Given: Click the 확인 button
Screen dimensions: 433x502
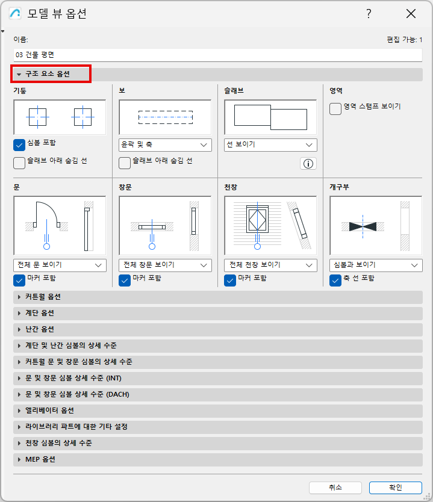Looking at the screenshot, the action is click(x=396, y=488).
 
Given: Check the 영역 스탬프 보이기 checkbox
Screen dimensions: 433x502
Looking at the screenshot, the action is click(x=335, y=109).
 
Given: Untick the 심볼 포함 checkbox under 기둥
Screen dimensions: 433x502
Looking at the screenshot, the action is click(x=19, y=145).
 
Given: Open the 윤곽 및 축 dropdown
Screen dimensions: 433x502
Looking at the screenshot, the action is click(x=165, y=144).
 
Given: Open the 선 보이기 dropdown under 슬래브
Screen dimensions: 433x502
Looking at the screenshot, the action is click(x=270, y=144).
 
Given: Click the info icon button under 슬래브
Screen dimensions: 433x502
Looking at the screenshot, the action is click(x=308, y=164).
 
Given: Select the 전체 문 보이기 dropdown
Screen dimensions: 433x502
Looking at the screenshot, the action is click(x=60, y=265).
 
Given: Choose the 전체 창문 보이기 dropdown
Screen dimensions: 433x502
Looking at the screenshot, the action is click(x=165, y=265).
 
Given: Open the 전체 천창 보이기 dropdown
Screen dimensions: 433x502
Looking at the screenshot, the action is click(x=270, y=265).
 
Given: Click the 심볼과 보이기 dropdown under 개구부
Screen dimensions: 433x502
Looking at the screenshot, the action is click(x=376, y=265).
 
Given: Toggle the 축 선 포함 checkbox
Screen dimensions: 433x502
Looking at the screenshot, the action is click(x=335, y=280).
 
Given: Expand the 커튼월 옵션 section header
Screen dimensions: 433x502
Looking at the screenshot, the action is click(x=218, y=297).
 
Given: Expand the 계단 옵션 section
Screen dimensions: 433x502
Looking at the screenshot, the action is click(x=218, y=313).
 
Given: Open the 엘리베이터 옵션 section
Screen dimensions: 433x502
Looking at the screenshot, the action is click(x=218, y=411).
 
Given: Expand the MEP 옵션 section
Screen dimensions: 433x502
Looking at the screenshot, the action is click(x=218, y=459).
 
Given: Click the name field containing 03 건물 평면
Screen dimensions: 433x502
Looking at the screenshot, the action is click(x=218, y=55).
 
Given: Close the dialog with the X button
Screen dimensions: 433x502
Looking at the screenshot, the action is click(x=411, y=13).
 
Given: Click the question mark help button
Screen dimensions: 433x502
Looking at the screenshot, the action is click(x=369, y=13).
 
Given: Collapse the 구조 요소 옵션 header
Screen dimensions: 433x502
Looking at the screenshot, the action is click(x=51, y=74).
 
